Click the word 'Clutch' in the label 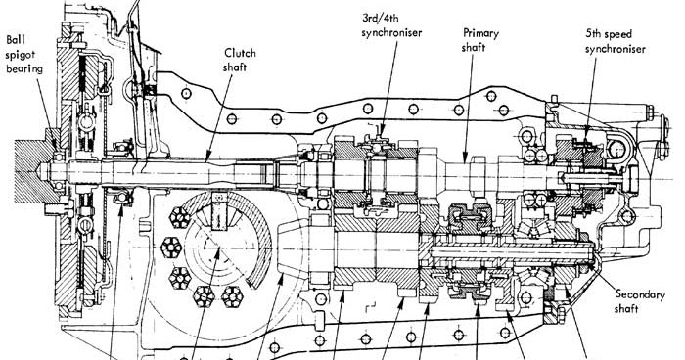pos(240,53)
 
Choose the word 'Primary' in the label pos(482,31)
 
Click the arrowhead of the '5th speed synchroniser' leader pos(585,136)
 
